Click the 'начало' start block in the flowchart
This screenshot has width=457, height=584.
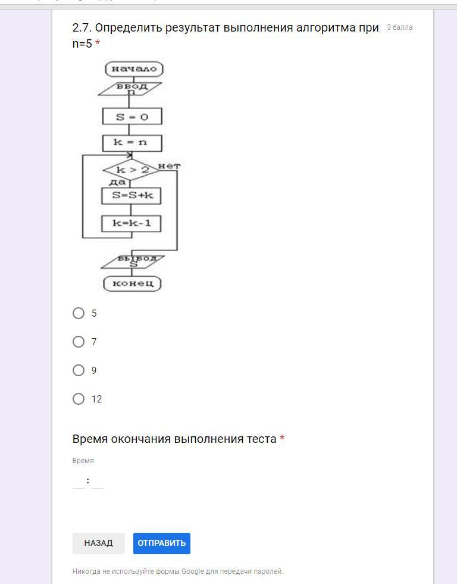134,69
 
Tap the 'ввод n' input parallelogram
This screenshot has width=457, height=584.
130,89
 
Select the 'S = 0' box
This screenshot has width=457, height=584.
132,116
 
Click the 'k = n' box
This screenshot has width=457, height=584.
132,143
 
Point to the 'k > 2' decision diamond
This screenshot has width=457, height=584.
132,170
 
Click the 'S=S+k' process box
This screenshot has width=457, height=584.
132,196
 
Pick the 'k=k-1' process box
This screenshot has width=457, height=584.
132,223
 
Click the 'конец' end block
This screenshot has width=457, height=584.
133,283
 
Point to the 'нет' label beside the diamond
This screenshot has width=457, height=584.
169,165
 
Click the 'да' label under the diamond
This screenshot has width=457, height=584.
117,182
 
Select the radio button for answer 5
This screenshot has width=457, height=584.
79,313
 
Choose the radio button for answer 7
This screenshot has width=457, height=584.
79,342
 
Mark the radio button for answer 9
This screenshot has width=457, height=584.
79,370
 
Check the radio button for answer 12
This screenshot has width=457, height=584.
79,399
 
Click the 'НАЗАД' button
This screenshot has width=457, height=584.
98,543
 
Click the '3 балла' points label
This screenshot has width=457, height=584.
399,27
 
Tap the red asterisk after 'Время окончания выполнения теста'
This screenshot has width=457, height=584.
282,439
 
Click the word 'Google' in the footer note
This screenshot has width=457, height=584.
193,571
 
